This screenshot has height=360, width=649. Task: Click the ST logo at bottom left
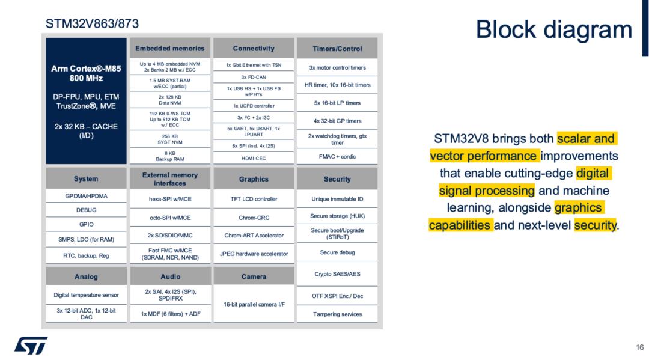click(31, 346)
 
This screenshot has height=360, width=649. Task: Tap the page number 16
click(639, 347)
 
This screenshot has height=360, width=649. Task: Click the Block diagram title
click(554, 30)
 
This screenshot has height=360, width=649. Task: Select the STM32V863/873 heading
click(92, 23)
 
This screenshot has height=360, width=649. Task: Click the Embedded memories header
click(169, 49)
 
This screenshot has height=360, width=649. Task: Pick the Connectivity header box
click(254, 49)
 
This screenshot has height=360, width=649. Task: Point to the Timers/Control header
click(337, 49)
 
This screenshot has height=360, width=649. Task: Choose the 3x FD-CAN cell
click(254, 77)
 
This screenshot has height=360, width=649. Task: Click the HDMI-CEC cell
click(254, 158)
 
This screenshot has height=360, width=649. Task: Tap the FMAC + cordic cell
click(337, 156)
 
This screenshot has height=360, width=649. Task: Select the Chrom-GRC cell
click(254, 217)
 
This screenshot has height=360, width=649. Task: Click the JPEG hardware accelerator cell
click(254, 254)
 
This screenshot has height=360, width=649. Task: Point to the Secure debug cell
click(337, 252)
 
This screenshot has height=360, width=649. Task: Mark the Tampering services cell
click(337, 314)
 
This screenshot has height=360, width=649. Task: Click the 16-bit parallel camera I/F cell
click(254, 304)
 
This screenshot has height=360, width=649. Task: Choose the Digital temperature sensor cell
click(86, 295)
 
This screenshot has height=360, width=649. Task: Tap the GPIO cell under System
click(86, 224)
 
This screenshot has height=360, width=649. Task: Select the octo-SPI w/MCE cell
click(170, 217)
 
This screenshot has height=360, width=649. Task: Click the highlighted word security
click(595, 225)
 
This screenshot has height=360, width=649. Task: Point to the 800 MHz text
click(86, 78)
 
